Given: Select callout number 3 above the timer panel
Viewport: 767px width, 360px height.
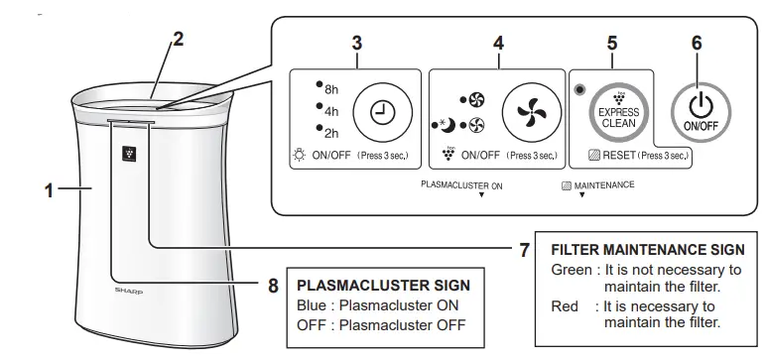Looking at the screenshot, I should [356, 44].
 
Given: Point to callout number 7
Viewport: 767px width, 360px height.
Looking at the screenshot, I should [524, 250].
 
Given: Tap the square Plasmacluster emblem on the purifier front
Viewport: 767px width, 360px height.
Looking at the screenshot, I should [128, 154].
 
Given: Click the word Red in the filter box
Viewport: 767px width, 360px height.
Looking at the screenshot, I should [565, 306].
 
